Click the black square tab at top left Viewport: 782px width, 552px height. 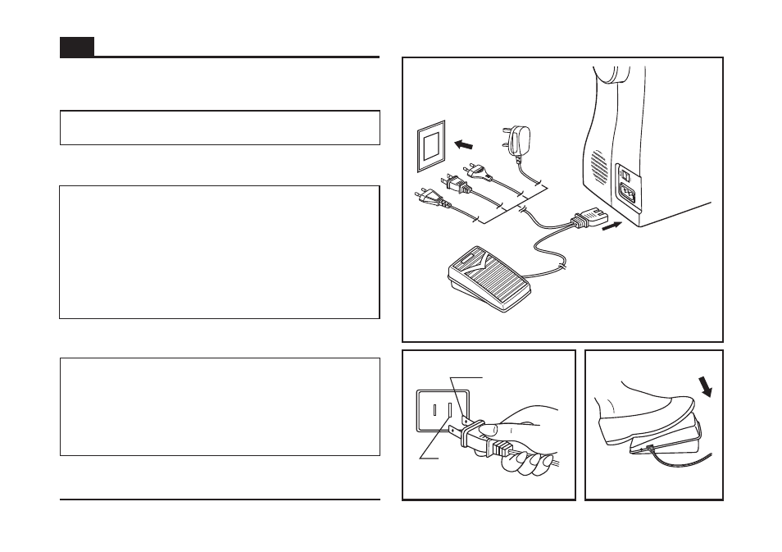(x=76, y=47)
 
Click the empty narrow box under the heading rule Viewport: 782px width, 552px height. (x=220, y=128)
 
